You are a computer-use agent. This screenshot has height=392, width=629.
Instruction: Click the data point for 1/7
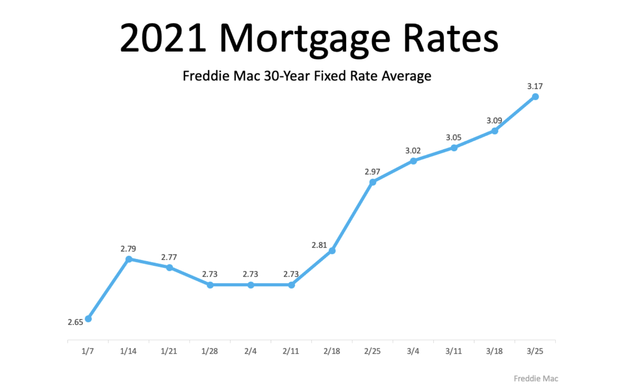[88, 319]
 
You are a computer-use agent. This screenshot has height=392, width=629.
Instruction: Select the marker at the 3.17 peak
[535, 97]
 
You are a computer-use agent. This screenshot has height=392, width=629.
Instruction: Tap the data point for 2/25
[373, 182]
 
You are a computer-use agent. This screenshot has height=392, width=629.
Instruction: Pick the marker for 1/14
[129, 259]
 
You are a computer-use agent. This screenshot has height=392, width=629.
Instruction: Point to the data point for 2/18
[332, 251]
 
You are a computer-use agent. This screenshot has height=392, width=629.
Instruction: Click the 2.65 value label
[75, 322]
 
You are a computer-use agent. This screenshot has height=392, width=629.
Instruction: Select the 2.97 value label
[372, 172]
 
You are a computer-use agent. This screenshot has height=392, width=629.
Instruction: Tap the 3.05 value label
[454, 138]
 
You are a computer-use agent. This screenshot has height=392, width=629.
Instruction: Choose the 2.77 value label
[169, 257]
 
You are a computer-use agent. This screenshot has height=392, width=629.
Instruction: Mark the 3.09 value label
[494, 121]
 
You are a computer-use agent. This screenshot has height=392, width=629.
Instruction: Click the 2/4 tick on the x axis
[250, 351]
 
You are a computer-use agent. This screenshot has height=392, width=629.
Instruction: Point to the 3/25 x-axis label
[535, 351]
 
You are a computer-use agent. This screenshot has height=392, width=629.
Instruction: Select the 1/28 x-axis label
[210, 351]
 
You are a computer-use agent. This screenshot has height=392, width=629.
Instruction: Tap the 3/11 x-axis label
[454, 351]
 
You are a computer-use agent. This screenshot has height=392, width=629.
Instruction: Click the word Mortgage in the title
[305, 39]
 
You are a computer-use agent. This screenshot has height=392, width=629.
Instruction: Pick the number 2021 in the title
[163, 38]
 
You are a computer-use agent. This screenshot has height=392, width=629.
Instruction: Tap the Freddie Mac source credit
[536, 378]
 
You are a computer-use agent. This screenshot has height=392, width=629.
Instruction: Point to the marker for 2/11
[291, 285]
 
